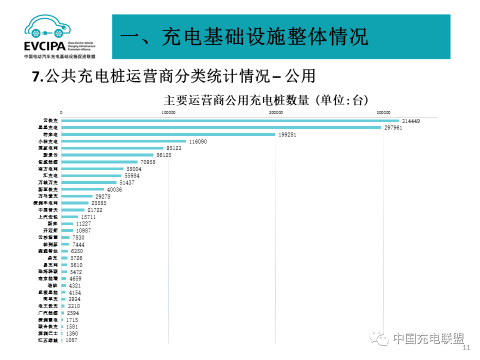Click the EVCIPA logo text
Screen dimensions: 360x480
pos(44,46)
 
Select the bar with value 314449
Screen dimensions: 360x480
pos(230,121)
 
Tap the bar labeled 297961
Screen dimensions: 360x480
pos(221,128)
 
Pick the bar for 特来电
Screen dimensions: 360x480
pos(168,134)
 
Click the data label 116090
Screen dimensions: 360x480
pos(197,141)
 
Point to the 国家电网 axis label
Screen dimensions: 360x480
pos(48,148)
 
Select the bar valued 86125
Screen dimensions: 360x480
pos(107,155)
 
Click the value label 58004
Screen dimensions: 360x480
pos(134,169)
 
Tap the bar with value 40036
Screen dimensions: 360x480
pos(82,189)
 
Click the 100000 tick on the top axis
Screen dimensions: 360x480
pos(168,113)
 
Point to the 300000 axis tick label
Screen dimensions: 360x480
pos(383,113)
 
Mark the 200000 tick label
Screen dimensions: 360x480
pos(276,113)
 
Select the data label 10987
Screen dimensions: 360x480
pos(83,230)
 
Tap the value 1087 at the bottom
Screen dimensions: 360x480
pos(71,340)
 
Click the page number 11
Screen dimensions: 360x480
pos(467,348)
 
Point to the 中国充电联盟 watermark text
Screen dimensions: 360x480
pos(428,338)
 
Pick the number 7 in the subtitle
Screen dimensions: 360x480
pos(35,76)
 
